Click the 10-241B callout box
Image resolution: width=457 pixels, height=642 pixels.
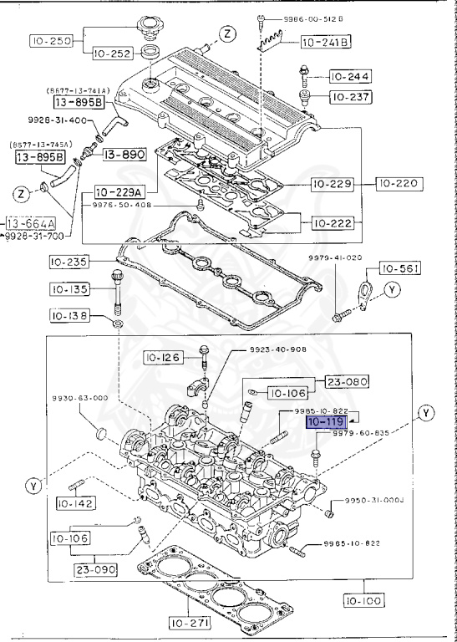325,42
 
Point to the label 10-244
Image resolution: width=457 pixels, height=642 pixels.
348,77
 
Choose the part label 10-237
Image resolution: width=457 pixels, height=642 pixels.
348,97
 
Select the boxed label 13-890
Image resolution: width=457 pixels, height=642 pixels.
124,155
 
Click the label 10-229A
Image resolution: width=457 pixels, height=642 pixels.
118,191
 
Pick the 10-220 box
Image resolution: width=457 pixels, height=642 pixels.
399,183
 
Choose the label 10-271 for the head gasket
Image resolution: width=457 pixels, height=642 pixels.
191,622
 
